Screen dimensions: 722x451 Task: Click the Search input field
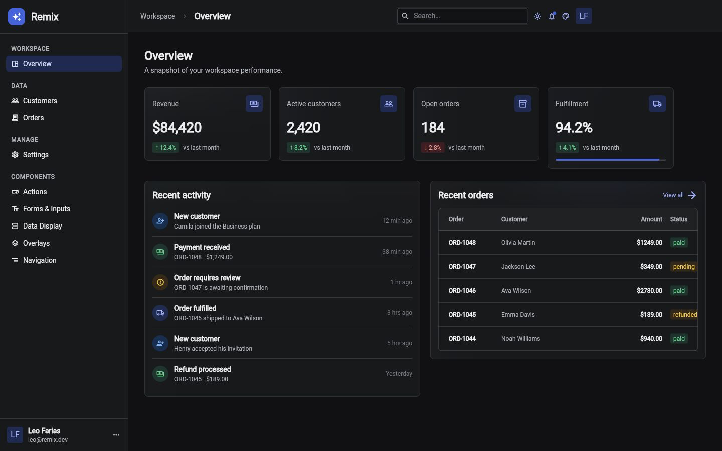[462, 16]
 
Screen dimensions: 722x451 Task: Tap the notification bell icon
[552, 16]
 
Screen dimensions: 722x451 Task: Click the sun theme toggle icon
[537, 16]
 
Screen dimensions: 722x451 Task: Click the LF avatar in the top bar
[584, 16]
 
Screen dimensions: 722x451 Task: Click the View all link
[679, 195]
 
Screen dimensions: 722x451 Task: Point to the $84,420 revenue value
[177, 128]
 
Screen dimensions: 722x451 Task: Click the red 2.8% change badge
[433, 148]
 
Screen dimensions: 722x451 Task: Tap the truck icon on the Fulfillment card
[657, 104]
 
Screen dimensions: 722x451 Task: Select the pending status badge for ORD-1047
[684, 267]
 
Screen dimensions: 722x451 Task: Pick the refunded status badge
[684, 314]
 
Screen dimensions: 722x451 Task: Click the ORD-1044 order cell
[462, 339]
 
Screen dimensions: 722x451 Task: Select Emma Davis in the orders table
[517, 315]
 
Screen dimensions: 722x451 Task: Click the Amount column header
[651, 219]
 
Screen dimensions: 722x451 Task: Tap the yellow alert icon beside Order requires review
[160, 282]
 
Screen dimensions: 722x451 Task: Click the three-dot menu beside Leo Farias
[116, 435]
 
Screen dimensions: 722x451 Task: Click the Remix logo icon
[17, 17]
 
